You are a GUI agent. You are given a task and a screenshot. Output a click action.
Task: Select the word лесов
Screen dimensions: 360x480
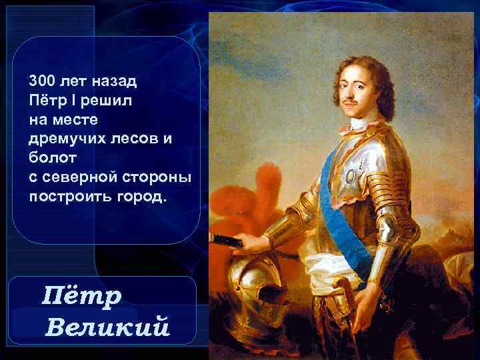tap(135, 140)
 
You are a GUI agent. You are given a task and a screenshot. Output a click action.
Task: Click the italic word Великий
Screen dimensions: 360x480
tap(109, 327)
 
